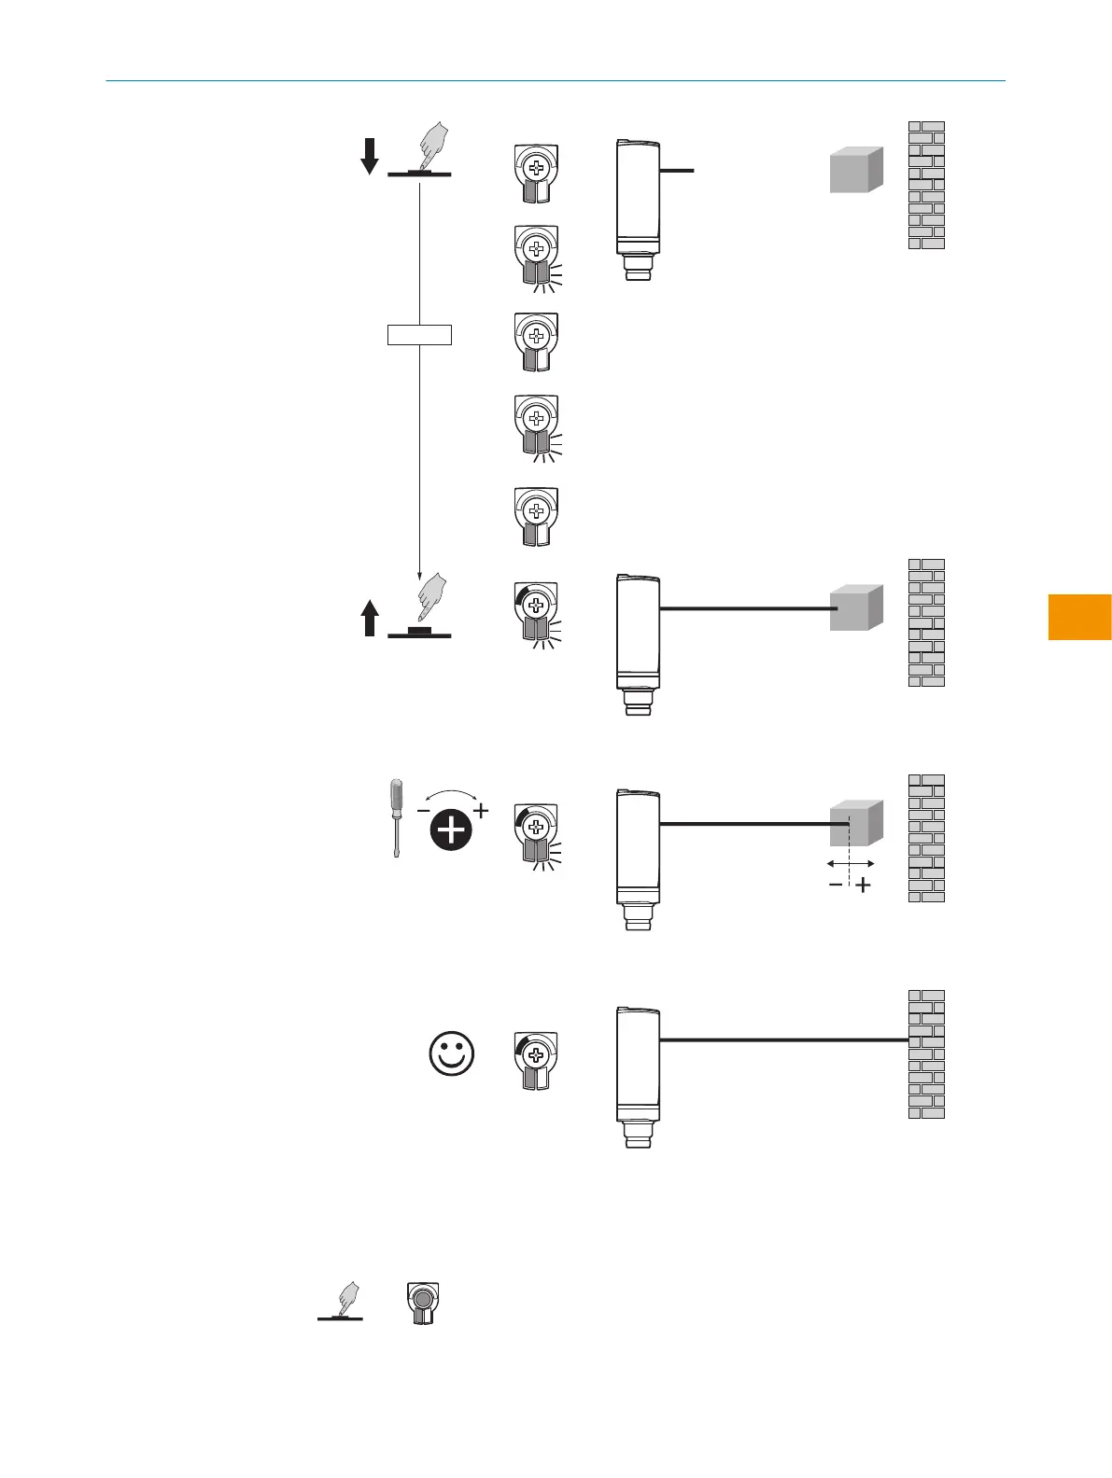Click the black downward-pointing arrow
[x=370, y=156]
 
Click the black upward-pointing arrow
[x=370, y=618]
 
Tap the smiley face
[x=452, y=1054]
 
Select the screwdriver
[x=397, y=818]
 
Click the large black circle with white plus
[x=452, y=830]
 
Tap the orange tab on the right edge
[x=1079, y=617]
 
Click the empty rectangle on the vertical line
[x=419, y=334]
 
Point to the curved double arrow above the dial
[x=452, y=796]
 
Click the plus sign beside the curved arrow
[x=481, y=810]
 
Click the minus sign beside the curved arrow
[x=424, y=811]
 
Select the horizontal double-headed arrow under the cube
[x=851, y=864]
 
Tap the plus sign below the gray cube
[x=864, y=885]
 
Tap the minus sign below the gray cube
[x=836, y=885]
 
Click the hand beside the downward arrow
[x=432, y=146]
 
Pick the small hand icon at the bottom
[x=346, y=1300]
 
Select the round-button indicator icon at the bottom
[x=423, y=1303]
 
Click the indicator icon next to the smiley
[x=536, y=1061]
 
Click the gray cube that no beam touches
[x=856, y=171]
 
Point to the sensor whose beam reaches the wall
[x=638, y=1073]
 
